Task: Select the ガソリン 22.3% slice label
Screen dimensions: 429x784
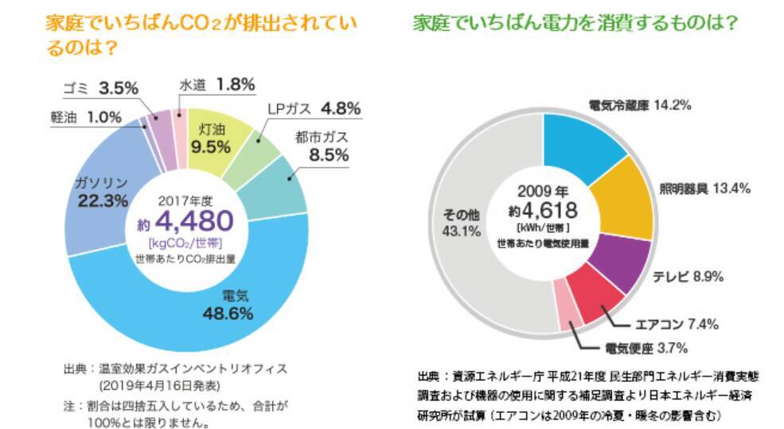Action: [x=102, y=191]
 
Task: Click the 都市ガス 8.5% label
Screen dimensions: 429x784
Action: [x=322, y=146]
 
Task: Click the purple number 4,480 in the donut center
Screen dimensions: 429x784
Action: [x=193, y=220]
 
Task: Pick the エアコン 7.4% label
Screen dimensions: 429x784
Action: [x=677, y=324]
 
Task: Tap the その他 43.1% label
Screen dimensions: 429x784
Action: [x=458, y=223]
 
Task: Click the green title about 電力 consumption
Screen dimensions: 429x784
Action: [x=574, y=23]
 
